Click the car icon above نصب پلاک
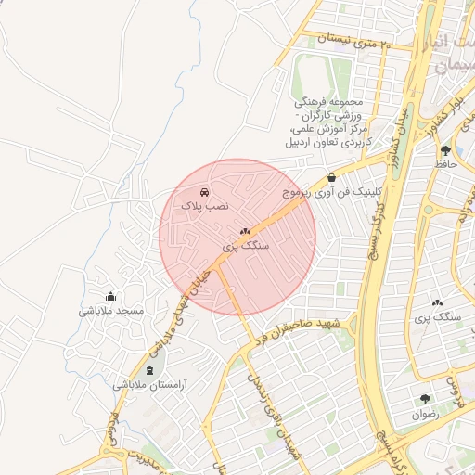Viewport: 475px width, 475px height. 205,191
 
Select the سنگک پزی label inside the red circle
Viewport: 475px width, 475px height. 246,247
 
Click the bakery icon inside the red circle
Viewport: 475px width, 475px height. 245,232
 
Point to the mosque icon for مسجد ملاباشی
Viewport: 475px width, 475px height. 111,297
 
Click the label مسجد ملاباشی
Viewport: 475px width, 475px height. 111,311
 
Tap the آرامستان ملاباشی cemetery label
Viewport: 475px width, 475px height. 150,384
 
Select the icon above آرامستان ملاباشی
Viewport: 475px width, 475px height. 150,370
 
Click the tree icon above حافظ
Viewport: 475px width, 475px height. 446,150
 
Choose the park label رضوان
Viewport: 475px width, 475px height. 426,415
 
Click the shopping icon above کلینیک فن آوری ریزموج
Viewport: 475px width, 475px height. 332,177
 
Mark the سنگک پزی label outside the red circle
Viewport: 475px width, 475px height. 440,316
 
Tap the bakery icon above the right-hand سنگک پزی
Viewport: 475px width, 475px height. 438,302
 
